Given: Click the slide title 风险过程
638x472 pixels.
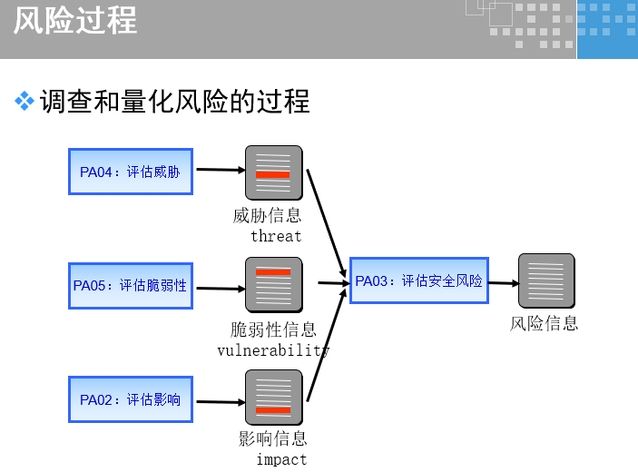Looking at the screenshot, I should (75, 21).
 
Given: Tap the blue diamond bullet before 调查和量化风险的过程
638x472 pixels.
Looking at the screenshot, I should (25, 102).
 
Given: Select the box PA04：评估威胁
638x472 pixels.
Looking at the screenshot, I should (131, 172).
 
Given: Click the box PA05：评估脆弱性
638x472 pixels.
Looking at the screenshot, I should (131, 285).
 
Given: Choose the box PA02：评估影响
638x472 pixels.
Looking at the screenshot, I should (131, 399).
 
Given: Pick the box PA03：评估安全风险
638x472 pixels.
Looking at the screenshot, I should (418, 281).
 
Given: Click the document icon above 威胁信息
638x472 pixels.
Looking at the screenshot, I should (273, 172).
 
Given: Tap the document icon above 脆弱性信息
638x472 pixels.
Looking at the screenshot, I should (273, 285).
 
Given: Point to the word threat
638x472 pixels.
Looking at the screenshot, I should (276, 236).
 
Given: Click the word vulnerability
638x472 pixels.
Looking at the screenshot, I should (273, 350).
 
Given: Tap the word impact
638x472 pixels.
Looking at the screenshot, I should (281, 459).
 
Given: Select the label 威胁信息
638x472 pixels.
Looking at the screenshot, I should (268, 216).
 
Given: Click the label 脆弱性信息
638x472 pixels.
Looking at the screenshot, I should (273, 329).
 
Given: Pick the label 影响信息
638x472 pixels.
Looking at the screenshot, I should (273, 439).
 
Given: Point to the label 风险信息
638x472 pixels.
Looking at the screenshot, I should (545, 323).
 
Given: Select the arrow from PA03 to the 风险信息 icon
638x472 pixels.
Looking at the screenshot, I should (502, 283).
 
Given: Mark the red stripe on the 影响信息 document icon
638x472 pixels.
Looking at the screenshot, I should (273, 410).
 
